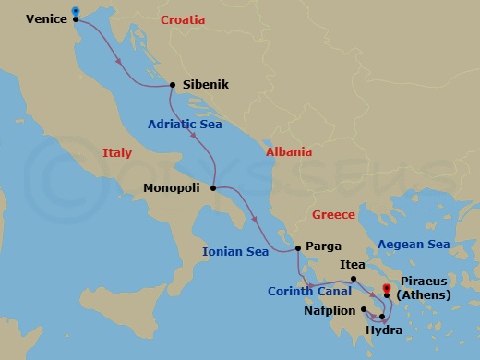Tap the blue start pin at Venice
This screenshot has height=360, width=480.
tap(75, 13)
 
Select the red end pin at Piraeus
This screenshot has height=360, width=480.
tap(387, 290)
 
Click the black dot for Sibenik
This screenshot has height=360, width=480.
tap(173, 85)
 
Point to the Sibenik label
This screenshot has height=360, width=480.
tap(206, 85)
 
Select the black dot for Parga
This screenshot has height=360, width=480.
tap(297, 247)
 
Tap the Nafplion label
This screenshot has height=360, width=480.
tap(330, 310)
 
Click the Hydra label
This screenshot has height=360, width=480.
tap(384, 330)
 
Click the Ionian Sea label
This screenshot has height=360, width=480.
tap(236, 251)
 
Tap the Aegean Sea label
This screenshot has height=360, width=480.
tap(414, 245)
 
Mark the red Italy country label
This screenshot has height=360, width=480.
tap(116, 153)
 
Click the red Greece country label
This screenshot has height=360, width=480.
tap(333, 214)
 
